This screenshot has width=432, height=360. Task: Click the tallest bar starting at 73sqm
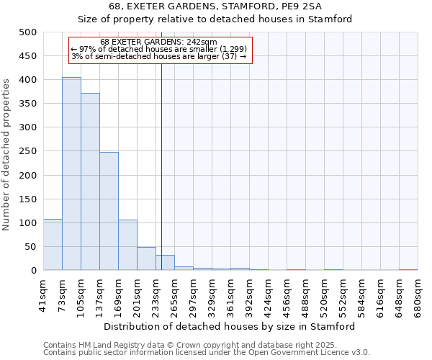pyautogui.click(x=71, y=174)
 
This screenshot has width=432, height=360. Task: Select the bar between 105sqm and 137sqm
pyautogui.click(x=90, y=181)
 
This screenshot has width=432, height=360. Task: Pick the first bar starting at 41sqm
pyautogui.click(x=53, y=245)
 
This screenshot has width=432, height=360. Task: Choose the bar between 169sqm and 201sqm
pyautogui.click(x=127, y=245)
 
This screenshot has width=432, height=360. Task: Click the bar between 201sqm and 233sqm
pyautogui.click(x=146, y=258)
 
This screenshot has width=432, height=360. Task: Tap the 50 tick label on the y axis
pyautogui.click(x=30, y=247)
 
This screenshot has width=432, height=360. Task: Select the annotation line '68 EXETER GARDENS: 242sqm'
pyautogui.click(x=158, y=42)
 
